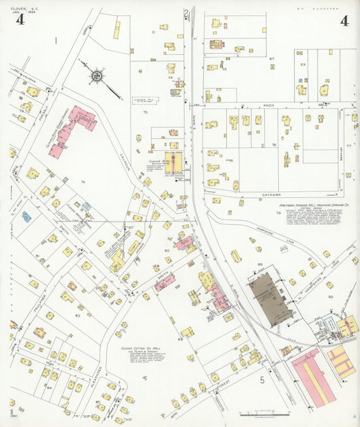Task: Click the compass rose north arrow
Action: (97, 77)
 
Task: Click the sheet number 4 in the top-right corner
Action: (344, 20)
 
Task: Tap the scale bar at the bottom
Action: (264, 412)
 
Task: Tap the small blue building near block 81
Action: (26, 217)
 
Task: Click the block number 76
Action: (274, 145)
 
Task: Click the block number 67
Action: (272, 59)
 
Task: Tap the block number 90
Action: (330, 297)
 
